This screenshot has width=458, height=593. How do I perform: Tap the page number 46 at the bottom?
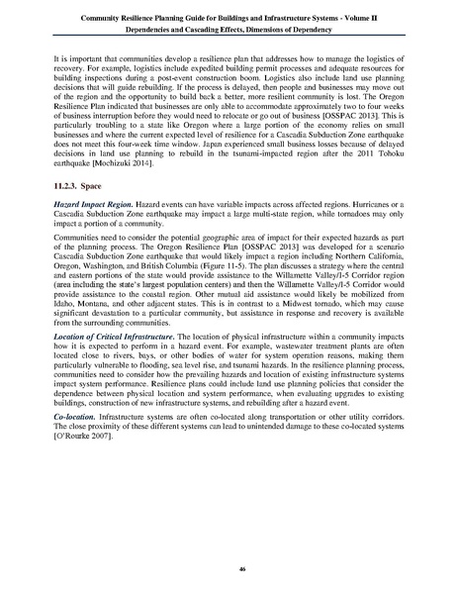(229, 568)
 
